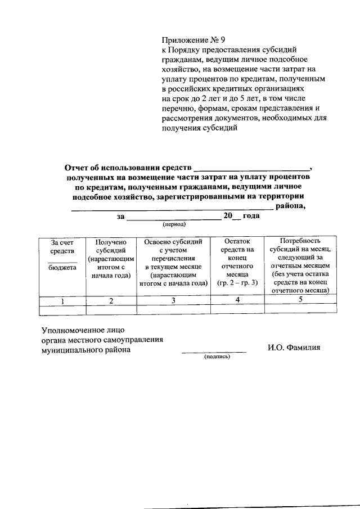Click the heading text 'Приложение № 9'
click(193, 40)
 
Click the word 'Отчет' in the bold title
click(78, 167)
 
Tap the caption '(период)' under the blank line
click(174, 223)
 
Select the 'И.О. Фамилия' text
click(294, 348)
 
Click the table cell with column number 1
click(62, 301)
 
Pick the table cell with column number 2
click(111, 301)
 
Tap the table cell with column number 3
click(174, 301)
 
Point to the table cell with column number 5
click(300, 299)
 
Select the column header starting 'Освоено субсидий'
click(174, 262)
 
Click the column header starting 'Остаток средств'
click(237, 262)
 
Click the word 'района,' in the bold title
click(290, 206)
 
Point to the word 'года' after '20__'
click(250, 215)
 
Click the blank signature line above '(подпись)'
click(214, 352)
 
